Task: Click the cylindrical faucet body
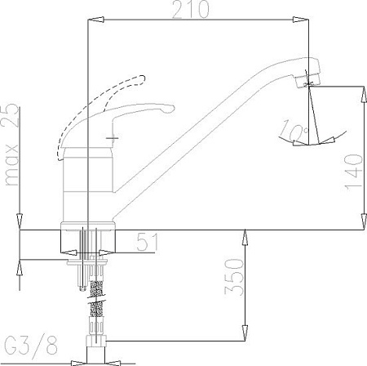click(x=86, y=180)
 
